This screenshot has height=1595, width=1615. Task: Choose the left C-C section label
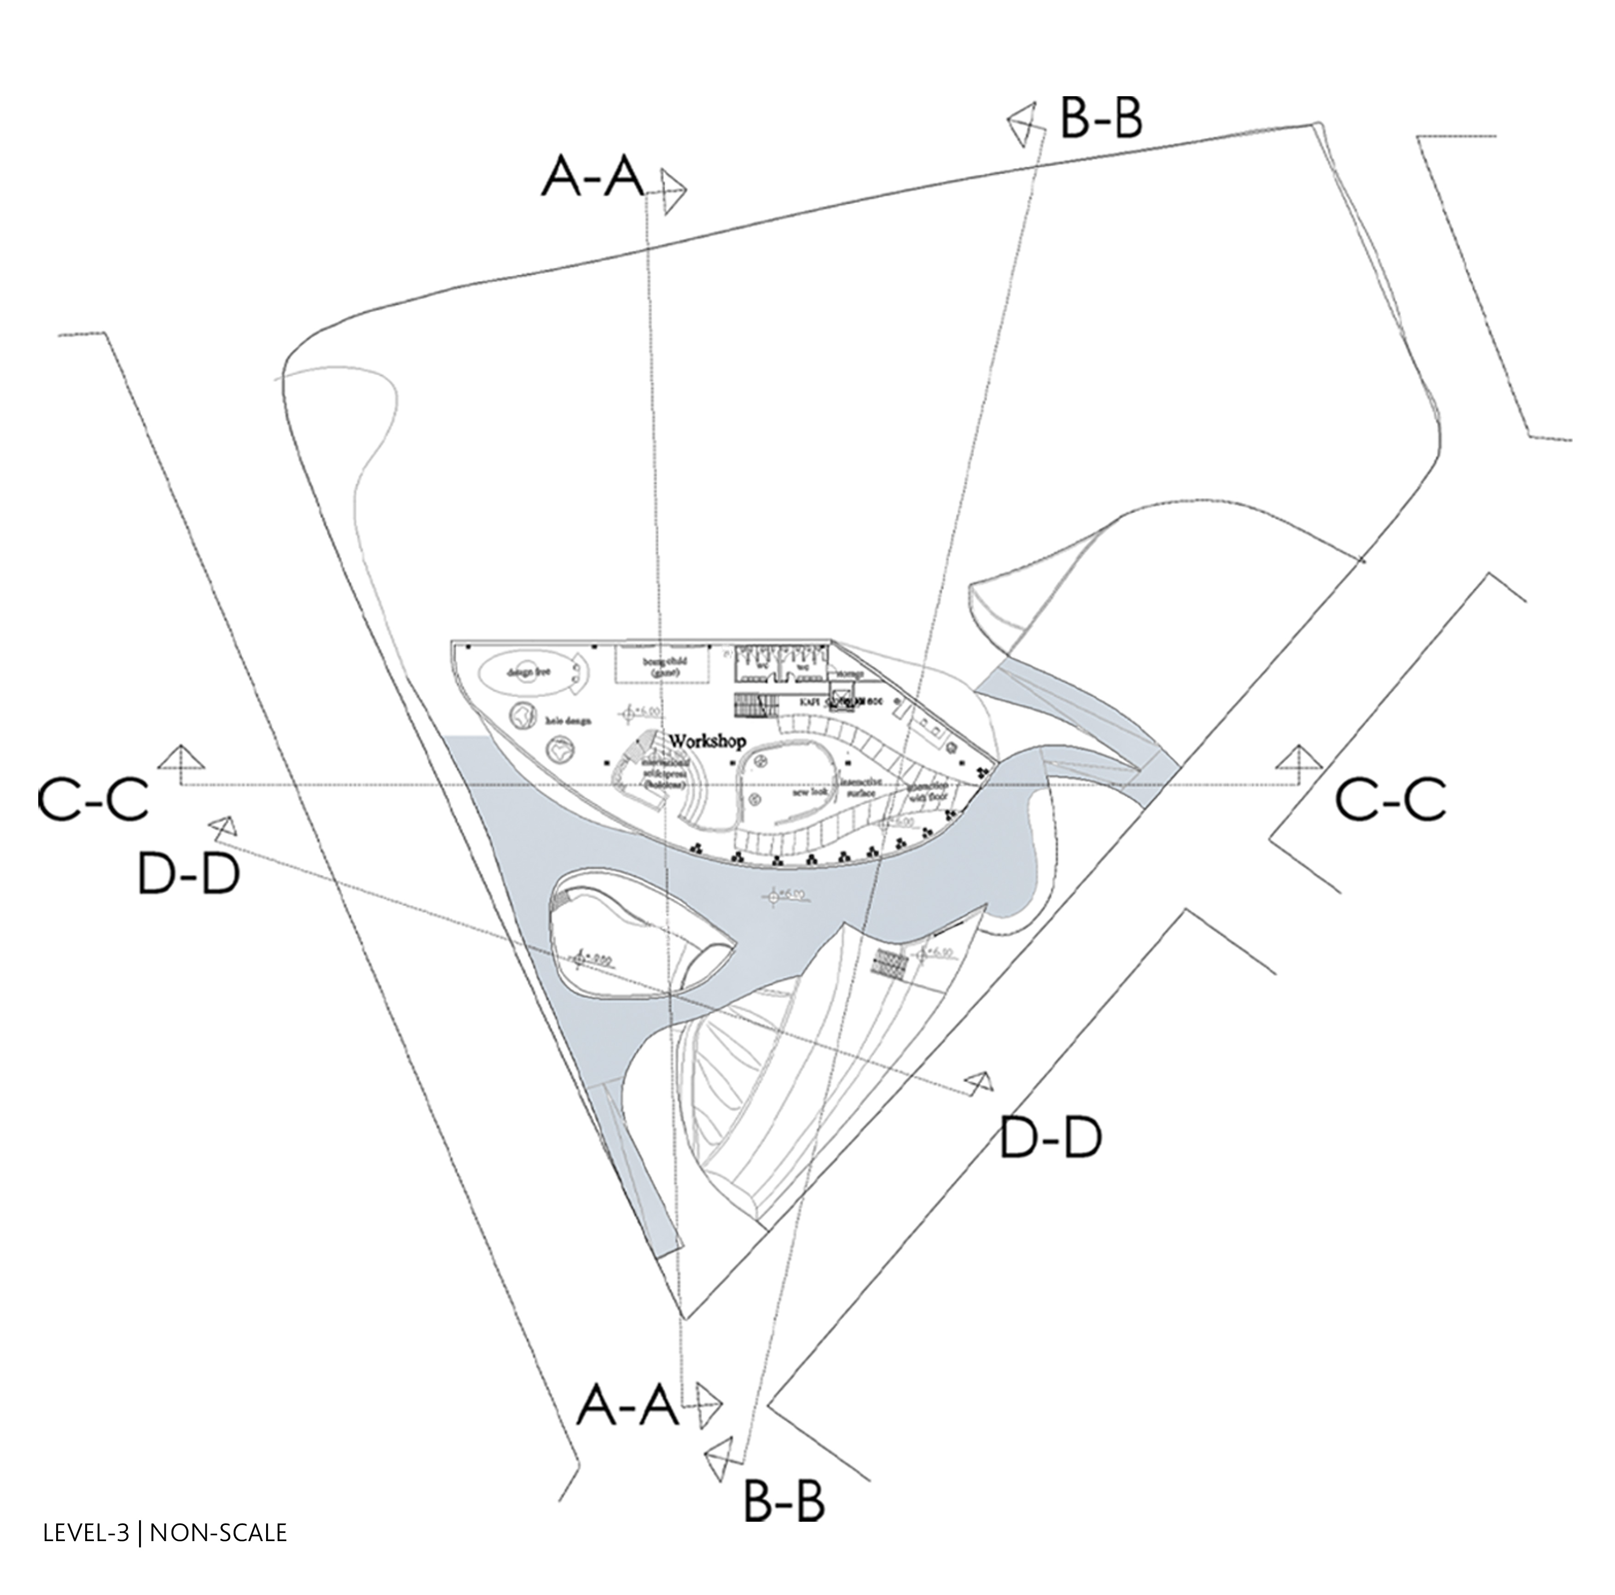pos(93,799)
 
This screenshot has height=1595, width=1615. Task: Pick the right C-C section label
pos(1389,800)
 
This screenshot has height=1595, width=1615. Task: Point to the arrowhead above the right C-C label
pos(1298,757)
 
